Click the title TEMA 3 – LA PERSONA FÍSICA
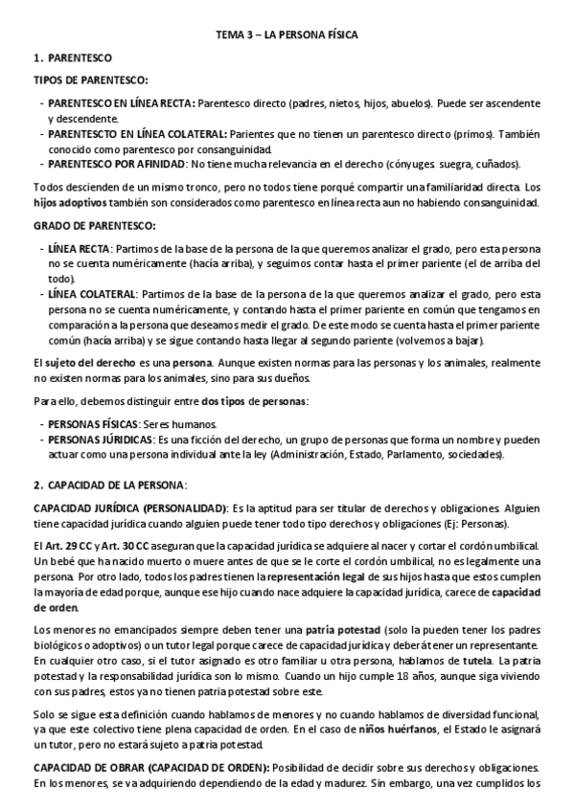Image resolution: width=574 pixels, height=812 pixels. [287, 35]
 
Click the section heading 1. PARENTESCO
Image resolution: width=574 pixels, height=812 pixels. [74, 58]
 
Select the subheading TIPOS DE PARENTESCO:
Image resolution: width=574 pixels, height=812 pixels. [90, 80]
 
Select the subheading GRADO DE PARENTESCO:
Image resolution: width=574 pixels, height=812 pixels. [94, 225]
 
